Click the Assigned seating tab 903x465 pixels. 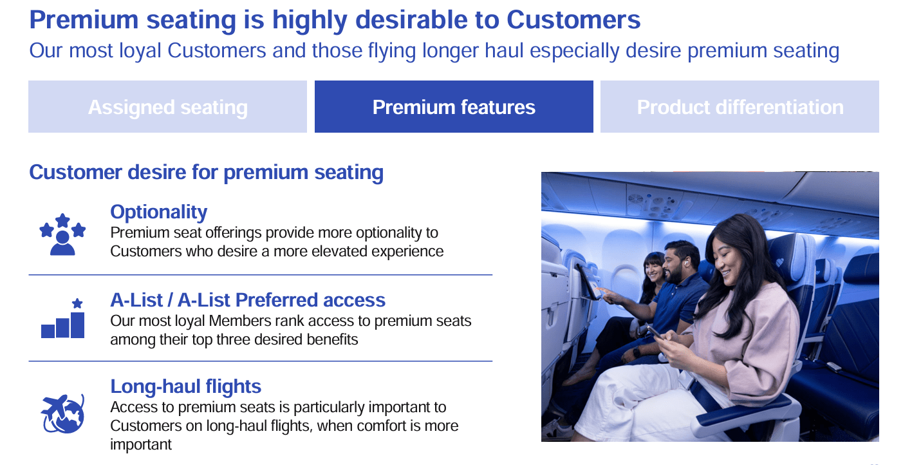pos(167,107)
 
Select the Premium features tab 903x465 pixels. pos(454,107)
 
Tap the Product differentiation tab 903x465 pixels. pos(740,107)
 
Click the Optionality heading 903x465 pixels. pos(158,212)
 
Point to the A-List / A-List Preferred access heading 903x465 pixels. pos(248,300)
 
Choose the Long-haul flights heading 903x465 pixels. pos(185,386)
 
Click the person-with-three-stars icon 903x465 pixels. pos(62,234)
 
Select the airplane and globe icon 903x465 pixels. pos(62,412)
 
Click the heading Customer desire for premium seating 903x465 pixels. pos(206,173)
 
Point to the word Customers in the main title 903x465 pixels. pos(573,21)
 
